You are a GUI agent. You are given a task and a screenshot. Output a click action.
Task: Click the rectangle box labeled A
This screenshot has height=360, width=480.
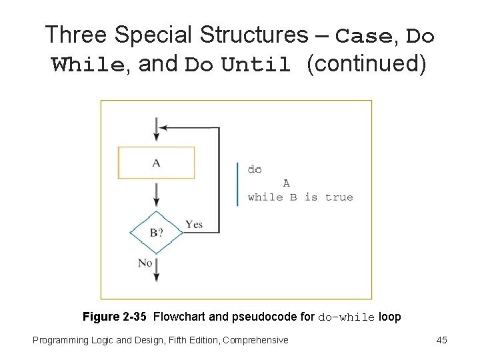coord(156,163)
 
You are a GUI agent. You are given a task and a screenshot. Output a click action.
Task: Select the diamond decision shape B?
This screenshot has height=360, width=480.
coord(156,232)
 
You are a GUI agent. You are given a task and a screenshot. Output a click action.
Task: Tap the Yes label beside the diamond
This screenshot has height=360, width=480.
coord(194,225)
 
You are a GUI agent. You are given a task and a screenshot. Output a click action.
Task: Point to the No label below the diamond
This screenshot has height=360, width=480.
coord(145,263)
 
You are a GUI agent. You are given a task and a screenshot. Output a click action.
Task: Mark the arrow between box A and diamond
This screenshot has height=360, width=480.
coord(156,194)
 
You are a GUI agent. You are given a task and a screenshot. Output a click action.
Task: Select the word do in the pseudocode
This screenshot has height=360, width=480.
coord(255,169)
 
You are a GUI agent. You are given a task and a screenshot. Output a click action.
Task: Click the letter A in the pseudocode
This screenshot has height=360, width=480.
coord(286,183)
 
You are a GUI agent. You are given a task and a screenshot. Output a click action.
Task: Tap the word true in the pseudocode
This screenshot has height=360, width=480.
coord(339,197)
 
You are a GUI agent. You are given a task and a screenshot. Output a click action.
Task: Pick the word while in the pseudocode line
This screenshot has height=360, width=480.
coord(265,197)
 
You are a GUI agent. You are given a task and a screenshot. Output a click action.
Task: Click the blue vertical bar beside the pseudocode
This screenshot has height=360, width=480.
coord(237,183)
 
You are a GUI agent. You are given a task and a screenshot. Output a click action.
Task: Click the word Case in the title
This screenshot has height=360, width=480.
coord(363,36)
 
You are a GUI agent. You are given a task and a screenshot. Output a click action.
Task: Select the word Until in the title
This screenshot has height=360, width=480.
coord(256,66)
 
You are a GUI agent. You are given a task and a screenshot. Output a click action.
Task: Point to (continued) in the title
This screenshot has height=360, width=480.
coord(366,65)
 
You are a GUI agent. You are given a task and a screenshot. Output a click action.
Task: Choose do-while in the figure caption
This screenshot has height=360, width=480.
coord(347,317)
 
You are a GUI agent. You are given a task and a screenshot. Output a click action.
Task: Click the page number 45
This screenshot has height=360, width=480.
coord(441,340)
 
